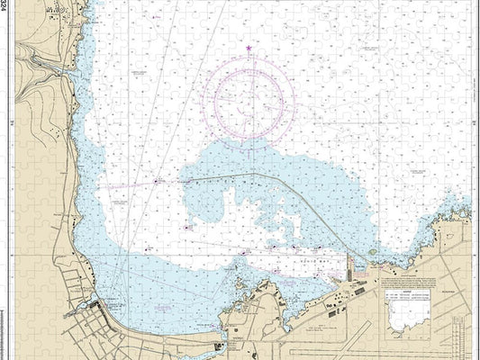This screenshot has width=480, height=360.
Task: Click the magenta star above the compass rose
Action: pyautogui.click(x=249, y=48)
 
